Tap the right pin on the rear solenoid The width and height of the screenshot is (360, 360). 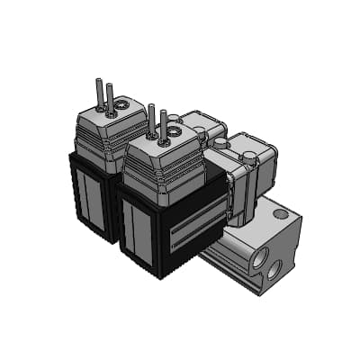[x=111, y=98]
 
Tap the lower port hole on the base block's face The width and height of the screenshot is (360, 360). [x=275, y=268]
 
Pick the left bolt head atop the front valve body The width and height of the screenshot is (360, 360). [x=218, y=142]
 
